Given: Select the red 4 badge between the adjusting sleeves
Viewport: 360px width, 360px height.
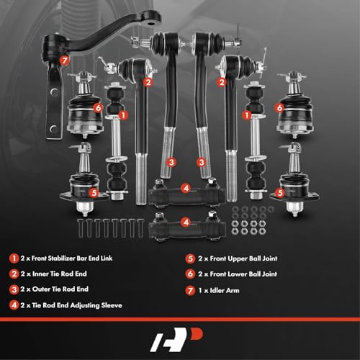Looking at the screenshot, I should tap(186, 189).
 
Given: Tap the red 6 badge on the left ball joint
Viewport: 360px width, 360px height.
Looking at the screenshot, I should tap(97, 107).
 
